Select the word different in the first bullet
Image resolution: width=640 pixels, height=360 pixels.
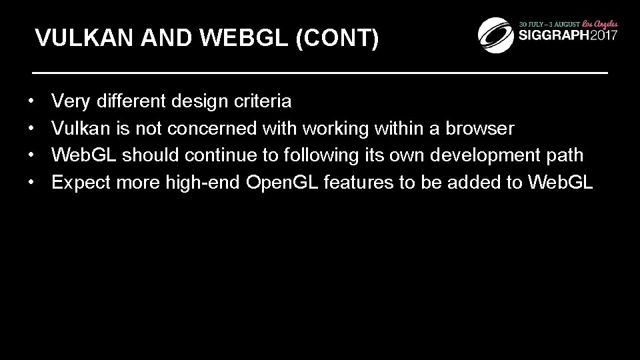(131, 101)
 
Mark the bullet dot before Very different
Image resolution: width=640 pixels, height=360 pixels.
(32, 102)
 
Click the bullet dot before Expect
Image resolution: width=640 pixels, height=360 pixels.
(32, 183)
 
